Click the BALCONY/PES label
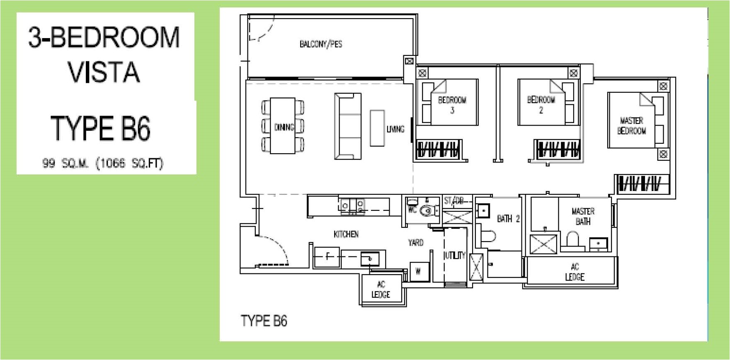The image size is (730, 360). pyautogui.click(x=320, y=44)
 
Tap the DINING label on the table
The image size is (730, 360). pyautogui.click(x=284, y=127)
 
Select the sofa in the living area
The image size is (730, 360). pyautogui.click(x=348, y=126)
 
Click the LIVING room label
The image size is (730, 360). pyautogui.click(x=395, y=129)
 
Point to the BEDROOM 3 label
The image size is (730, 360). pyautogui.click(x=452, y=105)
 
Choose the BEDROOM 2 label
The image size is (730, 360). pyautogui.click(x=541, y=105)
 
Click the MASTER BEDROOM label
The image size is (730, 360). pyautogui.click(x=631, y=126)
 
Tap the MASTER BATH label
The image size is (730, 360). pyautogui.click(x=583, y=216)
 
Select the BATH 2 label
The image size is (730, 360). pyautogui.click(x=508, y=218)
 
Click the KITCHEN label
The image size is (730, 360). pyautogui.click(x=346, y=234)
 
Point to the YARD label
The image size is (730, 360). pyautogui.click(x=415, y=242)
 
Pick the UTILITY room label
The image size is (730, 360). pyautogui.click(x=455, y=256)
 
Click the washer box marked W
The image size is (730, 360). pyautogui.click(x=418, y=272)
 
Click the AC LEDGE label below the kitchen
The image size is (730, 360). pyautogui.click(x=381, y=290)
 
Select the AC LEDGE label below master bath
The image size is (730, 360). pyautogui.click(x=575, y=272)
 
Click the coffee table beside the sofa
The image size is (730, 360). pyautogui.click(x=377, y=128)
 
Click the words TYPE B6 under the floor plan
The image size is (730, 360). pyautogui.click(x=264, y=321)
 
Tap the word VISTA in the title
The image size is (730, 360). pyautogui.click(x=104, y=71)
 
